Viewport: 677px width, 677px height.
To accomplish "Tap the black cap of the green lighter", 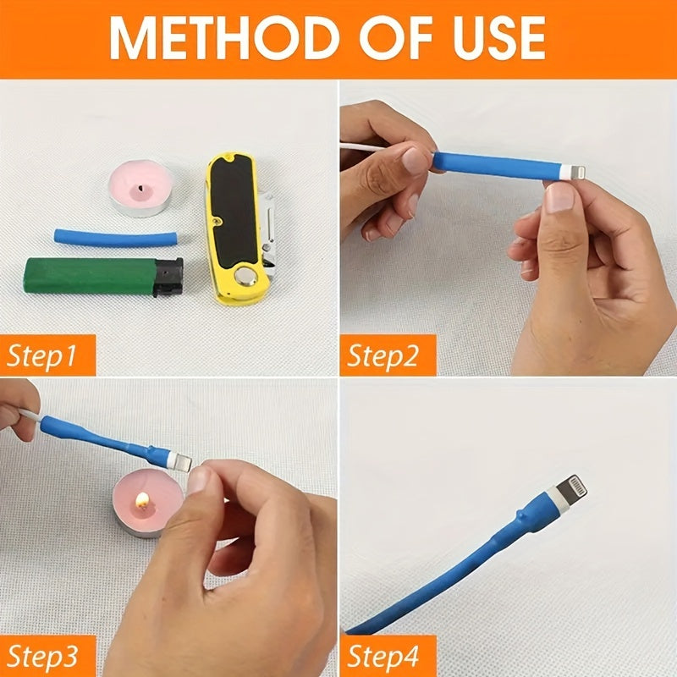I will click(170, 277).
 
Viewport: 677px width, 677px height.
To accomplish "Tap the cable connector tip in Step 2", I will click(578, 173).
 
